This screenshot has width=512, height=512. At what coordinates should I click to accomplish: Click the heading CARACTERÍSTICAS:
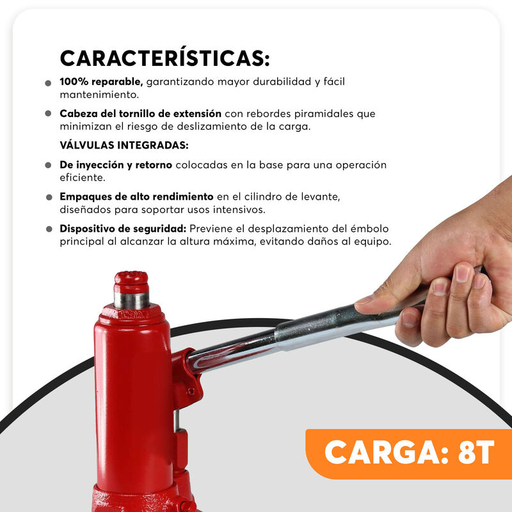(165, 58)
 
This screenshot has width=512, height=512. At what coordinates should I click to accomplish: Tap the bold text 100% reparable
(101, 82)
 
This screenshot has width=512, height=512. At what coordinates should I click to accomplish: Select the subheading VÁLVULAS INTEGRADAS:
(124, 145)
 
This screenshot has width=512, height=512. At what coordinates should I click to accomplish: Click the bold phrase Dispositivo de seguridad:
(123, 228)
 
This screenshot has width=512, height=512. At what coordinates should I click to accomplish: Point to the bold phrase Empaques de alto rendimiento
(136, 196)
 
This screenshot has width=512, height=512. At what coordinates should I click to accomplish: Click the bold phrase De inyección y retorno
(116, 165)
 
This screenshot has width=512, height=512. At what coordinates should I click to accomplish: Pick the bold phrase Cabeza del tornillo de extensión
(140, 114)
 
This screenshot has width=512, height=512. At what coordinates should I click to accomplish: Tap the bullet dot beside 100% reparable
(48, 83)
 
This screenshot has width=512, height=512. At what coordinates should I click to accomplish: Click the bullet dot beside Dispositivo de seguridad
(49, 229)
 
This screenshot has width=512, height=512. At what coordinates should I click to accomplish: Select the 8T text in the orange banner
(476, 452)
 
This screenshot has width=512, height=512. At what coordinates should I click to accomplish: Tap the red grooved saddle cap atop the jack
(131, 282)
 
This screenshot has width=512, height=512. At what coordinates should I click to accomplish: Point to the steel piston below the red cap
(132, 301)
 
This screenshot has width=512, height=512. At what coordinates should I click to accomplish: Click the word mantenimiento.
(99, 95)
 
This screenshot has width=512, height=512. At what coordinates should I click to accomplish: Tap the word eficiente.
(83, 178)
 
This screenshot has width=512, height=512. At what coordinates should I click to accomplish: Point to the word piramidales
(324, 114)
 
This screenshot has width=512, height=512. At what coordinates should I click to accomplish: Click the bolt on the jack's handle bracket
(191, 391)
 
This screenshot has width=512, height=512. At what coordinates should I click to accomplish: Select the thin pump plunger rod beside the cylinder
(177, 420)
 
